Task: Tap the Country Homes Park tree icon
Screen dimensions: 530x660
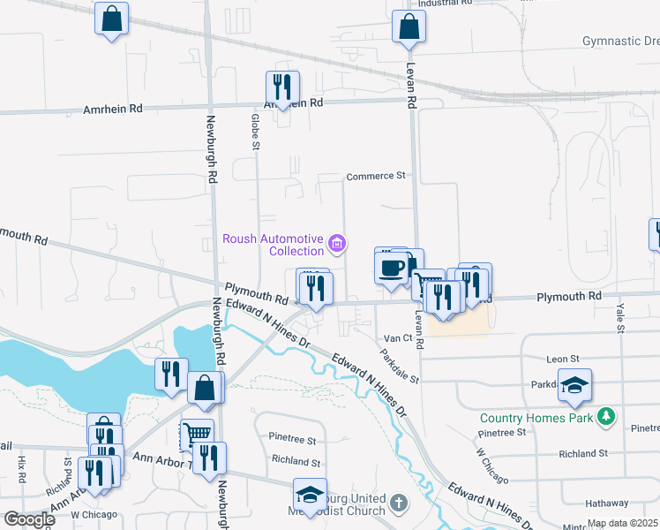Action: (605, 416)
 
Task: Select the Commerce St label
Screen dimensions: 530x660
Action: (376, 176)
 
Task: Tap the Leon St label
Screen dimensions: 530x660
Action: (562, 360)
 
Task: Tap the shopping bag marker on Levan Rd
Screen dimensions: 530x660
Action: (409, 28)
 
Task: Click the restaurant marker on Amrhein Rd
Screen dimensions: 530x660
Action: (282, 88)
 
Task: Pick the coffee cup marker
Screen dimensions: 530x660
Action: (391, 267)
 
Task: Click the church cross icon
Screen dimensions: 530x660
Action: (398, 504)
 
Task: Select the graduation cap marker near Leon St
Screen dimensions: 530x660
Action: (574, 385)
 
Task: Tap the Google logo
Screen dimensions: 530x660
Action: (28, 519)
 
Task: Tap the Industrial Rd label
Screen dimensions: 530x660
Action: (445, 4)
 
